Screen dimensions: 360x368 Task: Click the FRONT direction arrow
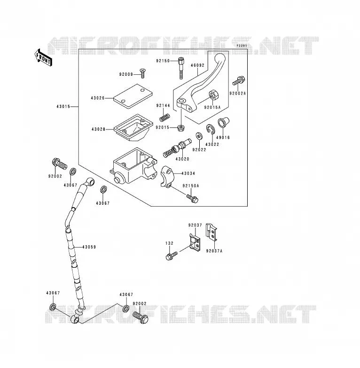[43, 57]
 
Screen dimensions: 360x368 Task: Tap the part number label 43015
[63, 106]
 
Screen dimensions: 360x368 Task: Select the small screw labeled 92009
[142, 73]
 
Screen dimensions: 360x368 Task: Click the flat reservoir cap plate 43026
[133, 96]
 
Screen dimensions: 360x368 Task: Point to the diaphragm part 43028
[133, 128]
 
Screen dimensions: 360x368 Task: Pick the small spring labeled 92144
[164, 117]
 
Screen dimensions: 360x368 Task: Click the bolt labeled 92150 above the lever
[180, 68]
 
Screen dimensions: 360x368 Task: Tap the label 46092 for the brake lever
[197, 65]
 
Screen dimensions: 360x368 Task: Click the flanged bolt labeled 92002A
[239, 81]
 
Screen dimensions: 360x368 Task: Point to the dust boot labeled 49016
[223, 122]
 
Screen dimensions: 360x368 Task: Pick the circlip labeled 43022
[210, 129]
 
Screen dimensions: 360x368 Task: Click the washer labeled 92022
[199, 136]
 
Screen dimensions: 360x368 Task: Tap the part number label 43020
[182, 159]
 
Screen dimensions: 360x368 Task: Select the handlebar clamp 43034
[168, 176]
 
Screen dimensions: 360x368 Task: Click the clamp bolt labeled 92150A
[192, 198]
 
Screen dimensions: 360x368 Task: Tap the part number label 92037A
[214, 251]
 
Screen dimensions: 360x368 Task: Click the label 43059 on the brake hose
[89, 247]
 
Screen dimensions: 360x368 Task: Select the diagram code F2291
[242, 46]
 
